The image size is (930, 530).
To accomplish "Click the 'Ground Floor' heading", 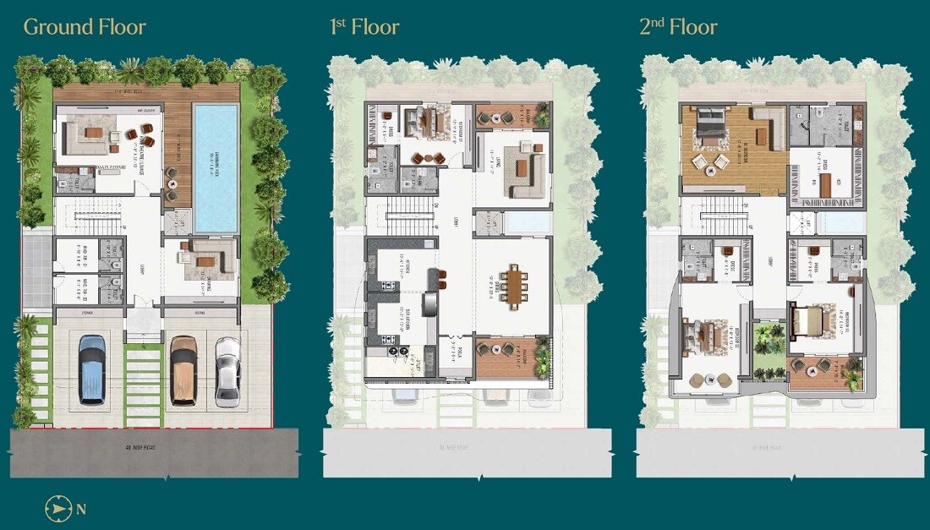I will click(x=85, y=26).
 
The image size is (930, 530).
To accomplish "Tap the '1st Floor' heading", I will click(x=364, y=26).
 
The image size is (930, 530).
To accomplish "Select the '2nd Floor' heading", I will click(x=678, y=26).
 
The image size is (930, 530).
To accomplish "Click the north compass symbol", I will click(x=57, y=509).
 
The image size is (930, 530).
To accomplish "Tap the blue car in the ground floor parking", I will click(x=92, y=369).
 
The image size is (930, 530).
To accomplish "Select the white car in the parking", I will click(x=227, y=369).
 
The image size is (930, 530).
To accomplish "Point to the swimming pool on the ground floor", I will click(x=216, y=167).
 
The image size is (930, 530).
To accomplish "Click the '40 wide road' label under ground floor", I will click(x=154, y=442).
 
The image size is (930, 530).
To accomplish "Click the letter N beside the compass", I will click(x=81, y=509).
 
